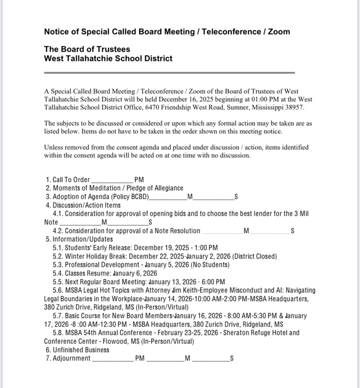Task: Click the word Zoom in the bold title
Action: click(278, 32)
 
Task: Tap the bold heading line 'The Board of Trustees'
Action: click(87, 49)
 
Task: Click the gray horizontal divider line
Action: click(169, 73)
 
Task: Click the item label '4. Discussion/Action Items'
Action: click(83, 205)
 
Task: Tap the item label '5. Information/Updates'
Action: click(79, 239)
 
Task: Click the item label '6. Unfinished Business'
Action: click(77, 350)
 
